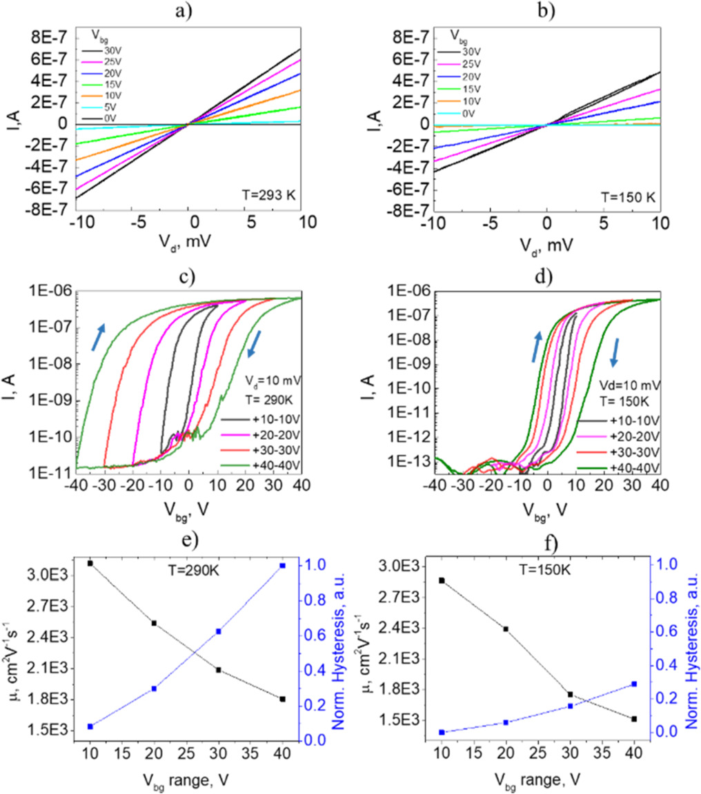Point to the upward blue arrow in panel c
pyautogui.click(x=99, y=337)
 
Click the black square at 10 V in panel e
pyautogui.click(x=90, y=564)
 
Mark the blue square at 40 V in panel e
pyautogui.click(x=282, y=566)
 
